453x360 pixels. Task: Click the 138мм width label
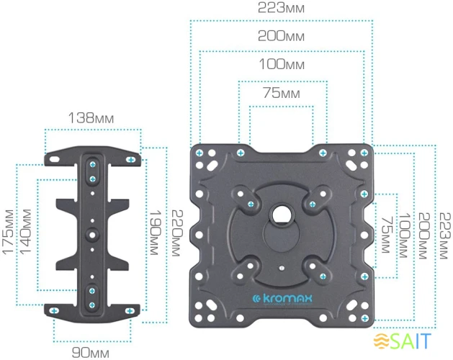91,117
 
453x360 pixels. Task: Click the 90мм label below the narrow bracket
91,352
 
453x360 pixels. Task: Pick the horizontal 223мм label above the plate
281,8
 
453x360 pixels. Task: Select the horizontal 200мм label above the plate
281,36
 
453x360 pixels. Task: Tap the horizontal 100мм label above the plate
281,65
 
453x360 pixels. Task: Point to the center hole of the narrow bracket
91,233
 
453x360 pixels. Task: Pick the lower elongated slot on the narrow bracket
91,296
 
